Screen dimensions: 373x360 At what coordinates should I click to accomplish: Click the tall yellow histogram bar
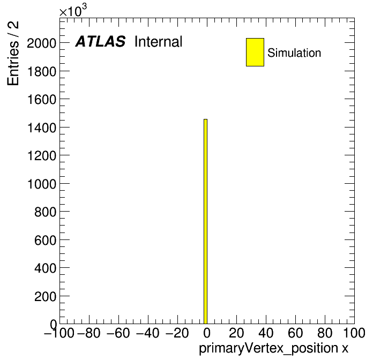coord(206,221)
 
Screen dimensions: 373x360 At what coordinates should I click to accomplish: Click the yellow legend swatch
coord(255,52)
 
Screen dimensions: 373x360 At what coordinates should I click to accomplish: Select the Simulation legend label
coord(294,52)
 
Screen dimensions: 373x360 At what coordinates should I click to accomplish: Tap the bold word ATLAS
coord(100,41)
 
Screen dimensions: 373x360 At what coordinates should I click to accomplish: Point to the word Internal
coord(159,41)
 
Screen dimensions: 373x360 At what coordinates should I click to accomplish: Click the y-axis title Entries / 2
coord(13,53)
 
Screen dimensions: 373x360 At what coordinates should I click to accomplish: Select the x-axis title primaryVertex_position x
coord(273,349)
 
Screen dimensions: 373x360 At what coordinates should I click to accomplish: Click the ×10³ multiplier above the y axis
coord(73,10)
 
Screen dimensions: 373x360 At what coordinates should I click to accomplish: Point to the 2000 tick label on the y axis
coord(42,43)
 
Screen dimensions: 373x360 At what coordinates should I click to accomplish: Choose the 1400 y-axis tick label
coord(42,127)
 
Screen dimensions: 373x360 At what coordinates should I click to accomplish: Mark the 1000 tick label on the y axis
coord(42,184)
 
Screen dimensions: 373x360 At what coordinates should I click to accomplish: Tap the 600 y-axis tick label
coord(45,240)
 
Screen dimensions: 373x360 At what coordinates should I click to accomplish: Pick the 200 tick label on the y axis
coord(45,296)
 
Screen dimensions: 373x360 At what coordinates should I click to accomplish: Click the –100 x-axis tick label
coord(59,333)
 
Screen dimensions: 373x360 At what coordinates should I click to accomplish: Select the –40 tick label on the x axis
coord(147,333)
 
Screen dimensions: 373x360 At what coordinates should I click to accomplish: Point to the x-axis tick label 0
coord(207,333)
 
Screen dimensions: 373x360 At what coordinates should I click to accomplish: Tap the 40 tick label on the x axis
coord(266,333)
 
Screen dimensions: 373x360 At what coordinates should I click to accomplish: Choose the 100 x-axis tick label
coord(354,333)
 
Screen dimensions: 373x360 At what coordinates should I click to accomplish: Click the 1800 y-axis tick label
coord(42,71)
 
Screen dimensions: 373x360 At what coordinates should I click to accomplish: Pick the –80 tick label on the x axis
coord(89,333)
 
